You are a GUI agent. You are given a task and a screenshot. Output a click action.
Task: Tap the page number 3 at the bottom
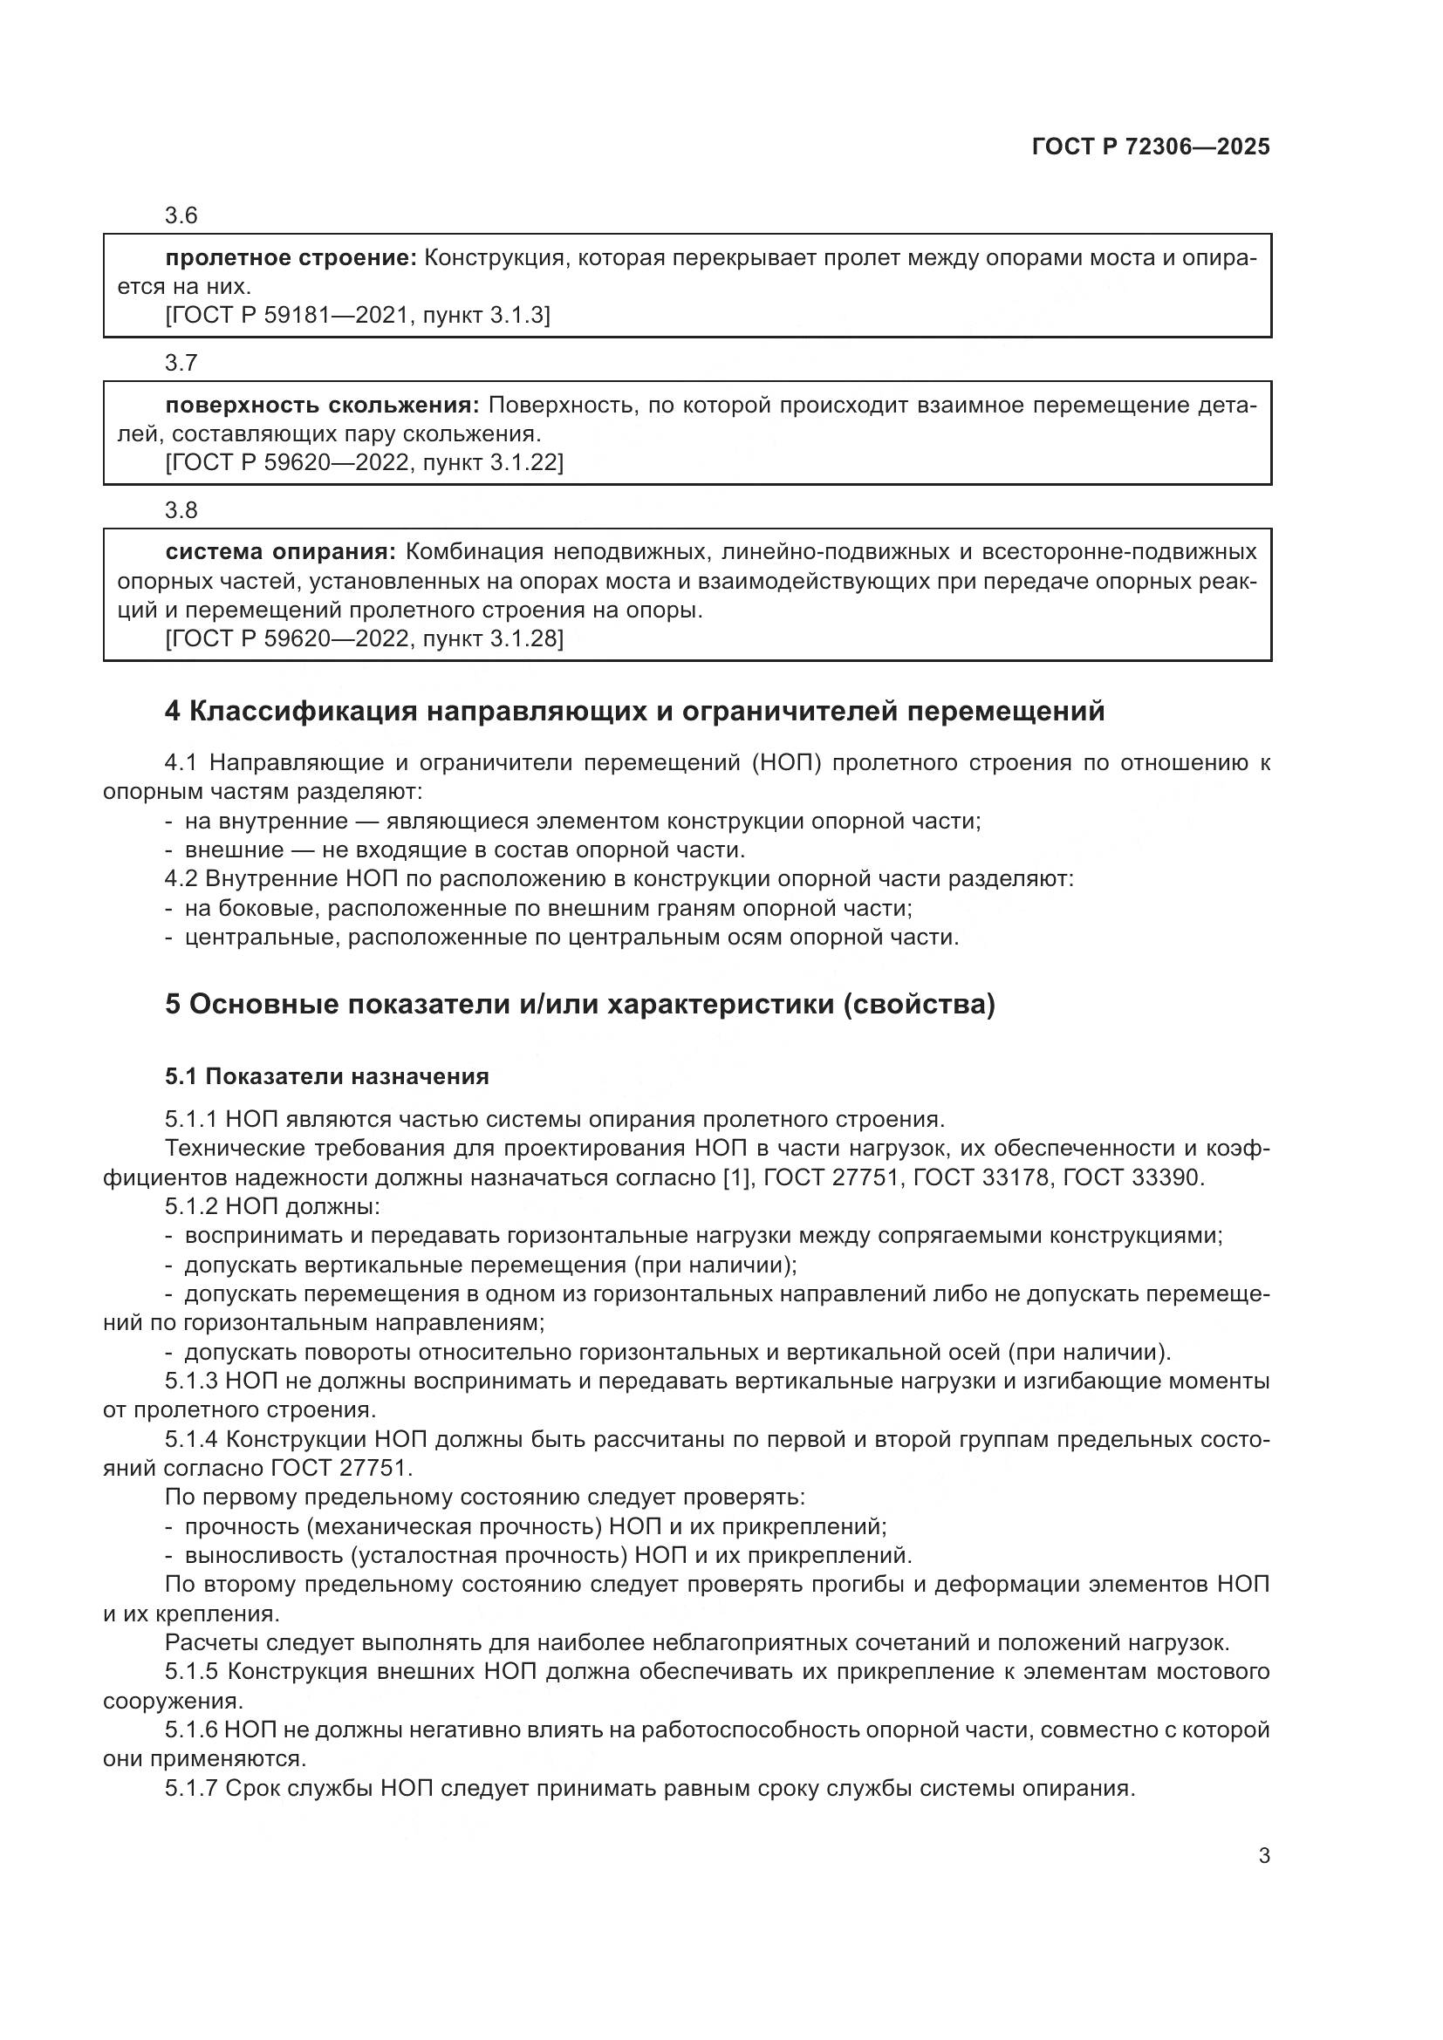[1263, 1855]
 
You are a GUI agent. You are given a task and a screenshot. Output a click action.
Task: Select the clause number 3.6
[181, 215]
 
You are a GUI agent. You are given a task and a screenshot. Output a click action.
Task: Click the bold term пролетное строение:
[291, 258]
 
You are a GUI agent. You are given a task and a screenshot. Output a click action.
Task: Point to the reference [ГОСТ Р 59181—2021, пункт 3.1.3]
[357, 316]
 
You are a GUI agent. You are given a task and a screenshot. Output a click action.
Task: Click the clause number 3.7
[181, 363]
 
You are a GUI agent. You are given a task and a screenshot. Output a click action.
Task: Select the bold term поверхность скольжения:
[322, 406]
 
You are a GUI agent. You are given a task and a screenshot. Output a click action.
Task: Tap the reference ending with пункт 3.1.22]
[365, 462]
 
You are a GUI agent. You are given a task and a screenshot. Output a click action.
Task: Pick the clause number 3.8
[181, 510]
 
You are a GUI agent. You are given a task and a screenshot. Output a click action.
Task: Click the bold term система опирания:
[280, 553]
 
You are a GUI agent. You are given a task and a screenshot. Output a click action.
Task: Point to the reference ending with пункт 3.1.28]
[365, 638]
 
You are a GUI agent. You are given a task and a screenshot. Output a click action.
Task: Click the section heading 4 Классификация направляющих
[634, 712]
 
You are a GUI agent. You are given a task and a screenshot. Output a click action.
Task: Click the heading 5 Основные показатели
[579, 1005]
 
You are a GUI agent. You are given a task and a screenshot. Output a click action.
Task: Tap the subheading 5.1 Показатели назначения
[327, 1077]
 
